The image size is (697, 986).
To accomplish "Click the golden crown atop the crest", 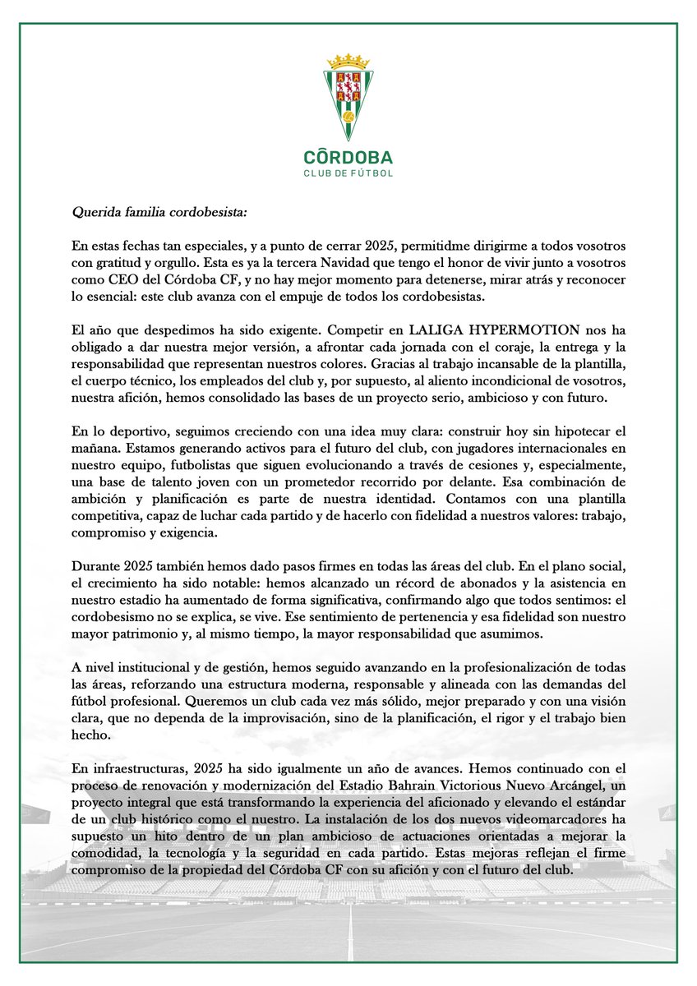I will coord(348,62).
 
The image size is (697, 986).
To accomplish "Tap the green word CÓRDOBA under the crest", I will coord(348,156).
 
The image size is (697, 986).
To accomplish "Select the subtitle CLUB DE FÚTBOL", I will coord(348,173).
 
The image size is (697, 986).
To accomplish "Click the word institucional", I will coord(154,680).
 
